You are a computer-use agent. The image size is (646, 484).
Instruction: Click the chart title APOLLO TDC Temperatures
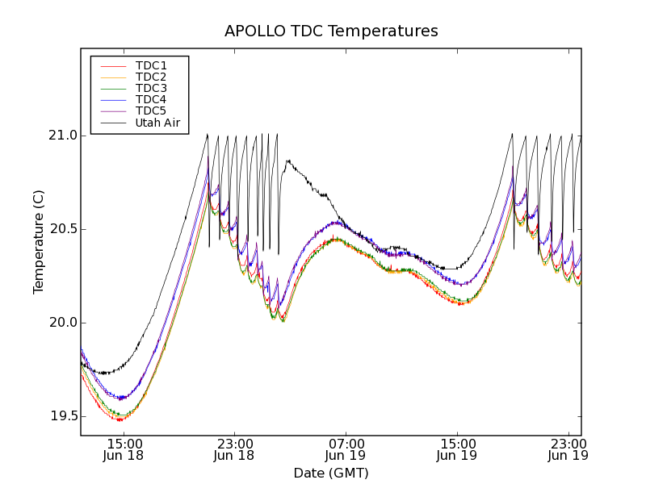pos(331,31)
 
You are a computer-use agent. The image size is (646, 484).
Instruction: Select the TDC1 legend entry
pos(151,65)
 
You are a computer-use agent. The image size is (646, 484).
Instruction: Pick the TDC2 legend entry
pos(151,77)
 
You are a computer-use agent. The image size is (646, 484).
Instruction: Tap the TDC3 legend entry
pos(151,88)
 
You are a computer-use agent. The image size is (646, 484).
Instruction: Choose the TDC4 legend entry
pos(151,99)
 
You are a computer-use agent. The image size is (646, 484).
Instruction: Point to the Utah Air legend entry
pos(157,123)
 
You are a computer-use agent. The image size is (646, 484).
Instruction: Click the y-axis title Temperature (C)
pos(39,242)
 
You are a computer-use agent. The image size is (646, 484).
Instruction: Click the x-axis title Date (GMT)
pos(331,473)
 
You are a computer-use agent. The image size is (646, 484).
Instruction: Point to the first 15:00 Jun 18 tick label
pos(124,449)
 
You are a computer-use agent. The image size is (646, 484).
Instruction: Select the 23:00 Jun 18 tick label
pos(234,449)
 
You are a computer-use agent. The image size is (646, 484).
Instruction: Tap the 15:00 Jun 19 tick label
pos(457,449)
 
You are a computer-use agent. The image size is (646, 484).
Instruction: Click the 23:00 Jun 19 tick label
pos(568,449)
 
